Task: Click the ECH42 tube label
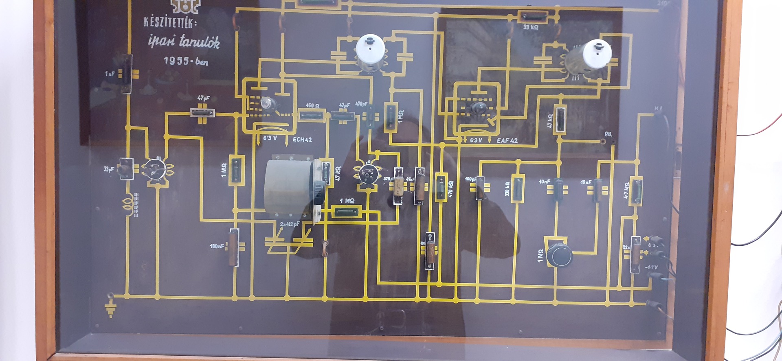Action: (302, 140)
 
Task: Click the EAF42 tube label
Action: (507, 140)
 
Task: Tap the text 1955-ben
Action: (186, 61)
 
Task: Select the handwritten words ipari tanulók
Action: (184, 41)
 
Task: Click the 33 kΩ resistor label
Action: (531, 27)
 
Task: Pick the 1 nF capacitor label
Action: (110, 74)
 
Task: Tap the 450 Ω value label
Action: (312, 105)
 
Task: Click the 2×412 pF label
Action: (290, 224)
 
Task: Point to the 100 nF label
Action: (217, 246)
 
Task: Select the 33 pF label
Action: (109, 169)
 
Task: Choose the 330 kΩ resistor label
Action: (507, 189)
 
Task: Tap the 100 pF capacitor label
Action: (470, 179)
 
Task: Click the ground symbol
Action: (110, 309)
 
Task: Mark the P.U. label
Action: (608, 134)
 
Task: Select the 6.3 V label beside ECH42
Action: (270, 138)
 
